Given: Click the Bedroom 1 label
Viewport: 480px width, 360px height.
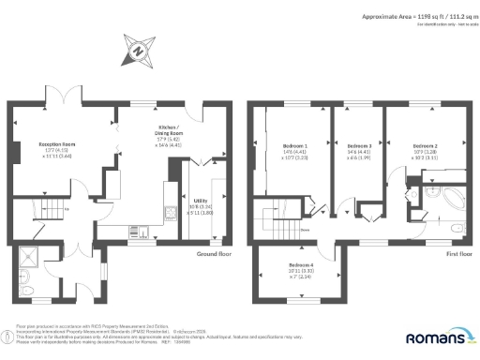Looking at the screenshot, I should pos(294,147).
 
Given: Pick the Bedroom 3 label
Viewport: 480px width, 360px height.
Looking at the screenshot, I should pos(359,147).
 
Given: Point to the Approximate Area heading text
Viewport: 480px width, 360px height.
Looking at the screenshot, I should pos(414,16).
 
